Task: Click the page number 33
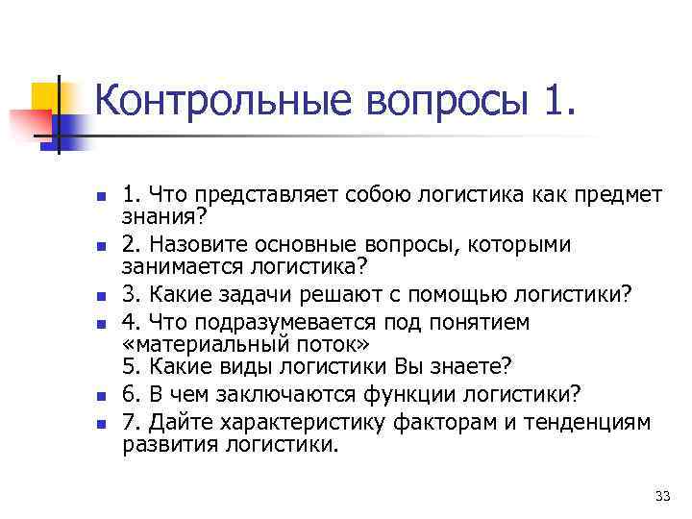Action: tap(661, 496)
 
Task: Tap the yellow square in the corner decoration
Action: tap(45, 96)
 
